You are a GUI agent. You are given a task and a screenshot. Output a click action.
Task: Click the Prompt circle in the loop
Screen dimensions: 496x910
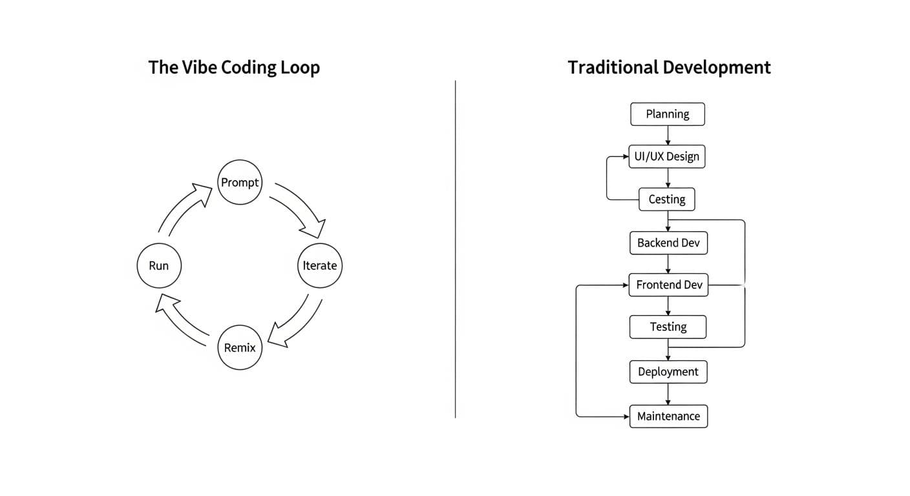click(x=240, y=183)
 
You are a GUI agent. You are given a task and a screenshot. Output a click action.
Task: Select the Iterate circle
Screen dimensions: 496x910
click(x=320, y=265)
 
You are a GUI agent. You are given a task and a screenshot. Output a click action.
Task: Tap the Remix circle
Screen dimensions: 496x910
click(x=240, y=347)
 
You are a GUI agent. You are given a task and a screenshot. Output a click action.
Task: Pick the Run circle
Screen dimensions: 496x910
click(x=159, y=265)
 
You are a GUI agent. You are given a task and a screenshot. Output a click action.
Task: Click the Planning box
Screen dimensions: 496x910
click(x=668, y=114)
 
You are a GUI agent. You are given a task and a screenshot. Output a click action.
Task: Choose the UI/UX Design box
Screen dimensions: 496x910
click(x=668, y=157)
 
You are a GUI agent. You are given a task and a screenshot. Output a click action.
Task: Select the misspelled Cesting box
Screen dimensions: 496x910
click(x=667, y=200)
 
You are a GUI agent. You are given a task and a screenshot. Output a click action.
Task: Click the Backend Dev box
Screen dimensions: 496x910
click(x=668, y=243)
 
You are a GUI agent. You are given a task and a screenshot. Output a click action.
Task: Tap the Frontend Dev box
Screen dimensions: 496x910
click(x=668, y=285)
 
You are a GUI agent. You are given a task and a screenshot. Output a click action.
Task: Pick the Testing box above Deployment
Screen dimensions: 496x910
click(x=668, y=327)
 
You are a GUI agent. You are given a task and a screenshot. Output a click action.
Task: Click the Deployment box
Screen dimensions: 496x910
click(x=668, y=372)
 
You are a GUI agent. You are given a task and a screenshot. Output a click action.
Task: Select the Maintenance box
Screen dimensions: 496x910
click(x=668, y=417)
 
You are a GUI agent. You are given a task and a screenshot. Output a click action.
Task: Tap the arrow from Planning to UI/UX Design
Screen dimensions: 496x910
click(x=668, y=136)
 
